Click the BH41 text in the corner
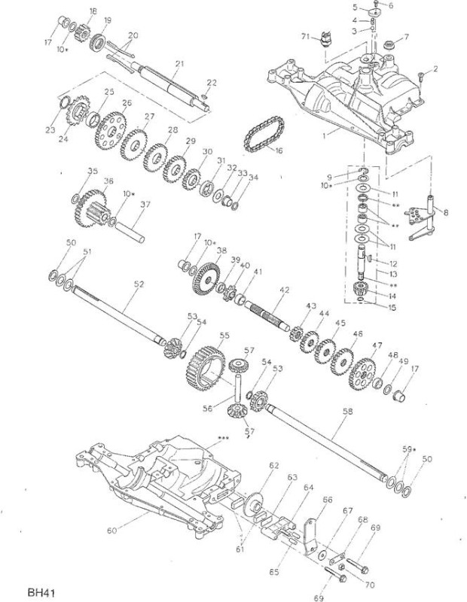click(x=41, y=591)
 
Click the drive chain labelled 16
click(x=264, y=134)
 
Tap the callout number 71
click(x=306, y=36)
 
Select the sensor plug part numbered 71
click(x=326, y=39)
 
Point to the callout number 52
click(x=139, y=284)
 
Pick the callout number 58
click(x=347, y=411)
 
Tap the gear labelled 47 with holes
click(x=362, y=373)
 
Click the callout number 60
click(x=111, y=531)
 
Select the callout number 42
click(x=285, y=290)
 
